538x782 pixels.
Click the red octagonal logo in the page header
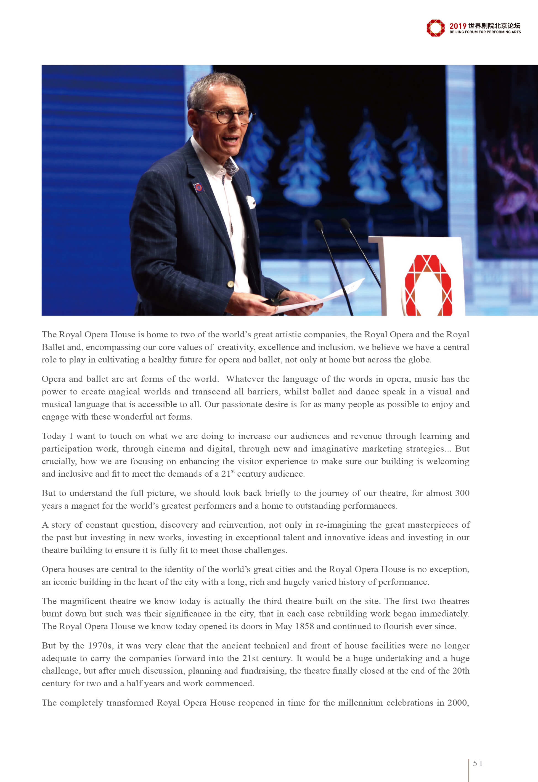435,28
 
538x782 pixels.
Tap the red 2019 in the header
457,26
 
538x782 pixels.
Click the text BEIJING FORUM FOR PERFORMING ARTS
485,32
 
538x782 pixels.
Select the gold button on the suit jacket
230,284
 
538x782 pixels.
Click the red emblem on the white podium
428,285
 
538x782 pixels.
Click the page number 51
478,764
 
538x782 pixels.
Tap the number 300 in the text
462,493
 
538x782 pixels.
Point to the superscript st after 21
233,471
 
